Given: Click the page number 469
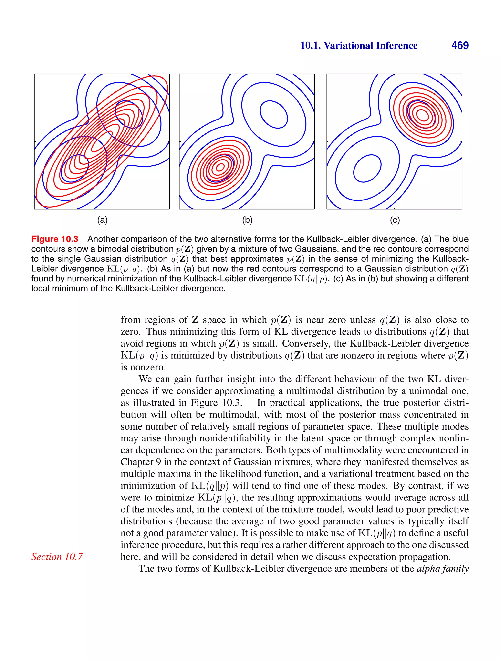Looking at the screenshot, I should coord(460,45).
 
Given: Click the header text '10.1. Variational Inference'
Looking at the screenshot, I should coord(359,45).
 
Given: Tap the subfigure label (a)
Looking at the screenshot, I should coord(102,220).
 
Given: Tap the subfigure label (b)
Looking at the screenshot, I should coord(247,220).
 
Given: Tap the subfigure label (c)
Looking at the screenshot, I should coord(395,220).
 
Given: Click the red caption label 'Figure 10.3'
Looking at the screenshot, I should coord(55,239).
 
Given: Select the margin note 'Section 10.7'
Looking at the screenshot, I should coord(57,557).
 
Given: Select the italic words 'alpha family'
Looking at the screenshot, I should coord(442,568).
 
